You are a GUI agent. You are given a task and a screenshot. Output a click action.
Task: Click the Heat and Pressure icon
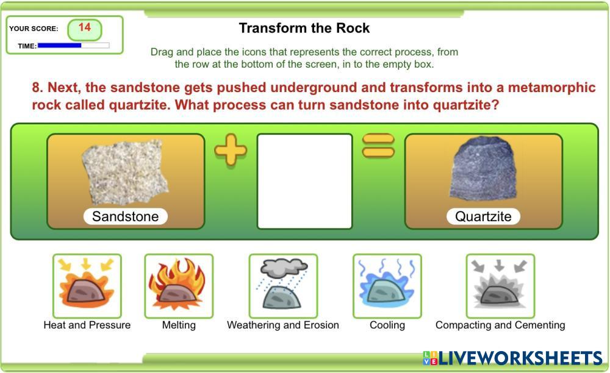[x=87, y=286]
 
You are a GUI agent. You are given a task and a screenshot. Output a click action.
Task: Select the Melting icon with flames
[x=179, y=286]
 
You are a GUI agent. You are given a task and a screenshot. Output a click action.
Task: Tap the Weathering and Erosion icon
[x=283, y=286]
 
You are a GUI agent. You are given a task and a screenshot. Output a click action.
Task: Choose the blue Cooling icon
[x=387, y=286]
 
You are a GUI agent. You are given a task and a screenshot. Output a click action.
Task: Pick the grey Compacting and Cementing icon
[x=500, y=286]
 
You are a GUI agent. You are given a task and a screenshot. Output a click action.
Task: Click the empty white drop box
[x=304, y=182]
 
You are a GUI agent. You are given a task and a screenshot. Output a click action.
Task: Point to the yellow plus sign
[x=231, y=149]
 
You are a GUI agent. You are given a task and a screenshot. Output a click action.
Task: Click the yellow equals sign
[x=378, y=146]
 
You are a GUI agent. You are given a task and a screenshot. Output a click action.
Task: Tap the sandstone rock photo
[x=125, y=172]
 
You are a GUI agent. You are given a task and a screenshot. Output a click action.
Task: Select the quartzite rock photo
[x=484, y=168]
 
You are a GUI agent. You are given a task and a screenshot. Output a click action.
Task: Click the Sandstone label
[x=125, y=216]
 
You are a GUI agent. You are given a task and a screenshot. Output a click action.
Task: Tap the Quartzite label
[x=483, y=216]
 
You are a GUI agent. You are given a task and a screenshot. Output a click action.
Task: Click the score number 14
[x=84, y=27]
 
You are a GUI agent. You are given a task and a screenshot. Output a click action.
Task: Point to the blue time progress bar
[x=60, y=46]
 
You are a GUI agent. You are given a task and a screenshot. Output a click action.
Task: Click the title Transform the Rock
[x=304, y=28]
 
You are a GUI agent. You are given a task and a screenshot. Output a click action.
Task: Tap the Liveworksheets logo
[x=513, y=358]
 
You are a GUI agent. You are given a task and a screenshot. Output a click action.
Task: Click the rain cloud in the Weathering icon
[x=284, y=268]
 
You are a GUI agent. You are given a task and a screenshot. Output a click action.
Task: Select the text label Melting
[x=179, y=325]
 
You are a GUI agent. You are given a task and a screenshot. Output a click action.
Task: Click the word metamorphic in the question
[x=551, y=87]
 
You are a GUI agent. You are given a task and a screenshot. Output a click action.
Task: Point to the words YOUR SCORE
[x=34, y=29]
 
